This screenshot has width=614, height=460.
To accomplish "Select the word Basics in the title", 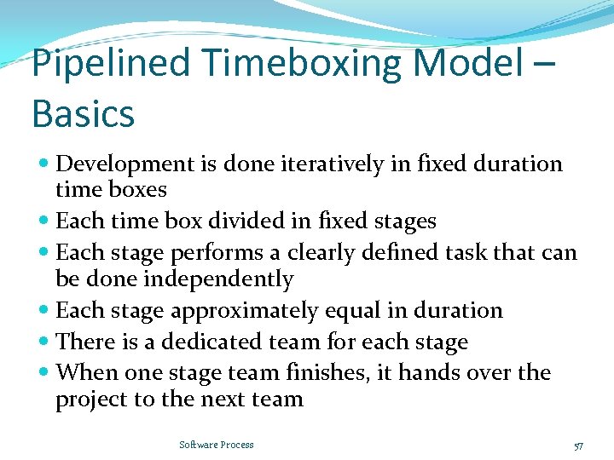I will click(83, 113).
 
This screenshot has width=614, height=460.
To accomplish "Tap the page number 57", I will click(579, 446).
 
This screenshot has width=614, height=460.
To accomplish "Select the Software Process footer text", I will click(216, 445).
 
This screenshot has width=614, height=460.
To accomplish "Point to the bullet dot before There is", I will click(44, 342).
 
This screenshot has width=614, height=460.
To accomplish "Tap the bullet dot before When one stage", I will click(44, 373).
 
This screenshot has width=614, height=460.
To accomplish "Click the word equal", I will click(377, 311).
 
